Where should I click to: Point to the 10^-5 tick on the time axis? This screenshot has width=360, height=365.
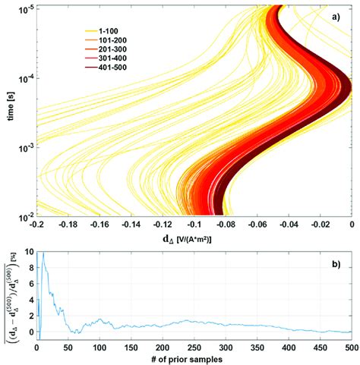point(24,8)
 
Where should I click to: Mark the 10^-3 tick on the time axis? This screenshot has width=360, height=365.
point(24,146)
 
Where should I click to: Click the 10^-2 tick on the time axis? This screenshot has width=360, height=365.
point(24,216)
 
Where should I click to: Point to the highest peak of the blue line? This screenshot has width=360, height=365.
point(43,252)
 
